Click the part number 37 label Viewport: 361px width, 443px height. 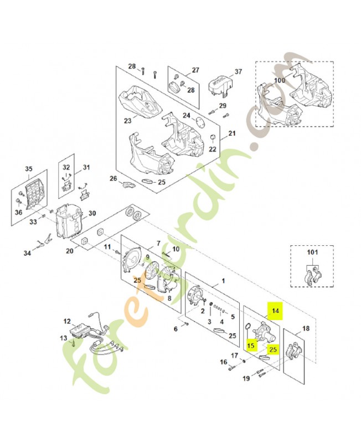point(239,72)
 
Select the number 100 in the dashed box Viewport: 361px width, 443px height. point(280,80)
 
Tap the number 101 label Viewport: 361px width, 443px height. point(313,255)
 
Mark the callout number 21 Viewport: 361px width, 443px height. point(232,133)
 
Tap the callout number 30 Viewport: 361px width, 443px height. point(92,213)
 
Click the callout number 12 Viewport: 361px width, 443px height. point(67,321)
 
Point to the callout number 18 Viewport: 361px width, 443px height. point(306,328)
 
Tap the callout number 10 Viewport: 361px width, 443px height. point(176,250)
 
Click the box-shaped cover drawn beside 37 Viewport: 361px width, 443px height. point(219,85)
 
